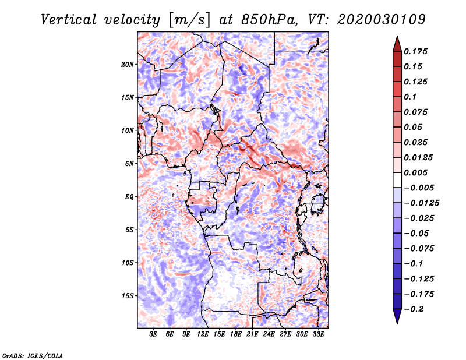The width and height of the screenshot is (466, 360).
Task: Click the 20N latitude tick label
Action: click(x=127, y=65)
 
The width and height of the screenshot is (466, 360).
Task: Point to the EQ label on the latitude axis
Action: click(x=129, y=197)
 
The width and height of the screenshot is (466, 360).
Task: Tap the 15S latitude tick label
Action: click(x=127, y=296)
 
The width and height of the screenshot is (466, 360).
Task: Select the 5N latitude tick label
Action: click(x=129, y=164)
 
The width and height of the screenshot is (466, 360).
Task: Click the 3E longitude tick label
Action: click(x=153, y=334)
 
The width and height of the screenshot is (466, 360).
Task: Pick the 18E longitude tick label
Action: click(x=236, y=334)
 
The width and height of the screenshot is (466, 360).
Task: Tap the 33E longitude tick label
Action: click(x=318, y=334)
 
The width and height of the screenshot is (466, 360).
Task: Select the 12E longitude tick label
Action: click(x=203, y=334)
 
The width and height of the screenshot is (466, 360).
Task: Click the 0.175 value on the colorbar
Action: click(x=415, y=51)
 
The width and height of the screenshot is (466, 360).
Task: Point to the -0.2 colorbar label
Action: click(x=414, y=309)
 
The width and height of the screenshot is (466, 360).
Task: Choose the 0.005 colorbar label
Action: click(x=415, y=172)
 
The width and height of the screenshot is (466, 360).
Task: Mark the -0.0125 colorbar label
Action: click(x=422, y=203)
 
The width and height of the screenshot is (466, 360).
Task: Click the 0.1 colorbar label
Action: click(x=410, y=97)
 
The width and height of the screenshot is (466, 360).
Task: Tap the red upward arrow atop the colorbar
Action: click(x=397, y=44)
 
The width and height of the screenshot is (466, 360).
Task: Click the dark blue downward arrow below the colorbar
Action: click(x=397, y=316)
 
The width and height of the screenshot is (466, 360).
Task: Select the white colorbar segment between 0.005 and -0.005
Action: click(x=397, y=180)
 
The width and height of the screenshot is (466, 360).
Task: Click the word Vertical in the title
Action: click(x=69, y=20)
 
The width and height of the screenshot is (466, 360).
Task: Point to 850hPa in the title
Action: click(x=269, y=20)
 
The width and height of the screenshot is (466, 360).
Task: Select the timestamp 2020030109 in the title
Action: click(x=382, y=20)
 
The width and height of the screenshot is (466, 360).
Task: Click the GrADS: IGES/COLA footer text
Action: click(x=33, y=355)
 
